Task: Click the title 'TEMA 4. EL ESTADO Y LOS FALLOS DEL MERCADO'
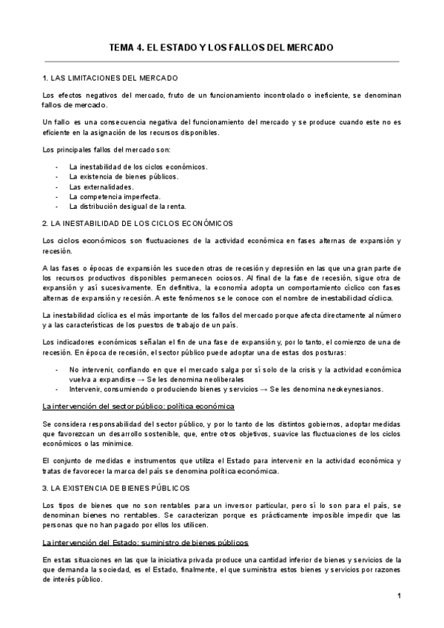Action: pyautogui.click(x=221, y=47)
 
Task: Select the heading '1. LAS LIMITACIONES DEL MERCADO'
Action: pyautogui.click(x=110, y=78)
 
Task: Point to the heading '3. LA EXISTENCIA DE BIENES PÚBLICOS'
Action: pyautogui.click(x=116, y=488)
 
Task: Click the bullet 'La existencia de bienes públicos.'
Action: pyautogui.click(x=124, y=177)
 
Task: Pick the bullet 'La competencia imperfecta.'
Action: pyautogui.click(x=115, y=197)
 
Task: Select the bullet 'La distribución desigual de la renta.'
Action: pyautogui.click(x=127, y=207)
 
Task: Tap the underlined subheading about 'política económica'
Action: pyautogui.click(x=139, y=407)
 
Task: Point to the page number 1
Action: pyautogui.click(x=398, y=596)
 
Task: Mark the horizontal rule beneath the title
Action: pyautogui.click(x=221, y=61)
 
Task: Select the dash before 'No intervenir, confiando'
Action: pyautogui.click(x=57, y=367)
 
